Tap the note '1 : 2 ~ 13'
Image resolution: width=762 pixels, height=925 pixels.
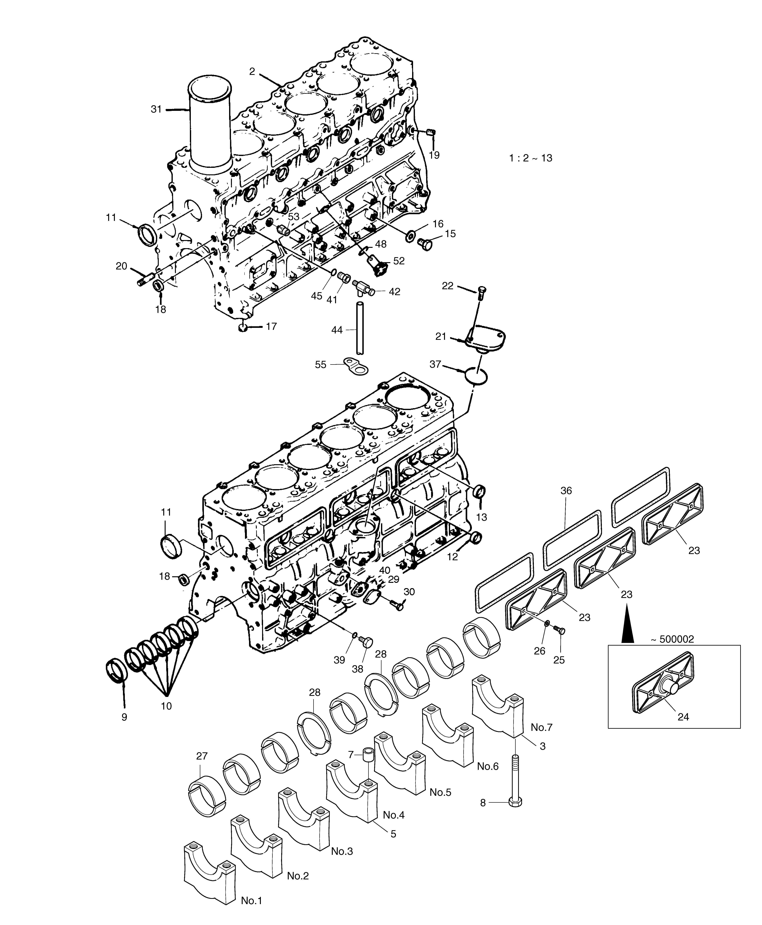(x=531, y=158)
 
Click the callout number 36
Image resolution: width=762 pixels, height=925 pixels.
(x=566, y=491)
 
